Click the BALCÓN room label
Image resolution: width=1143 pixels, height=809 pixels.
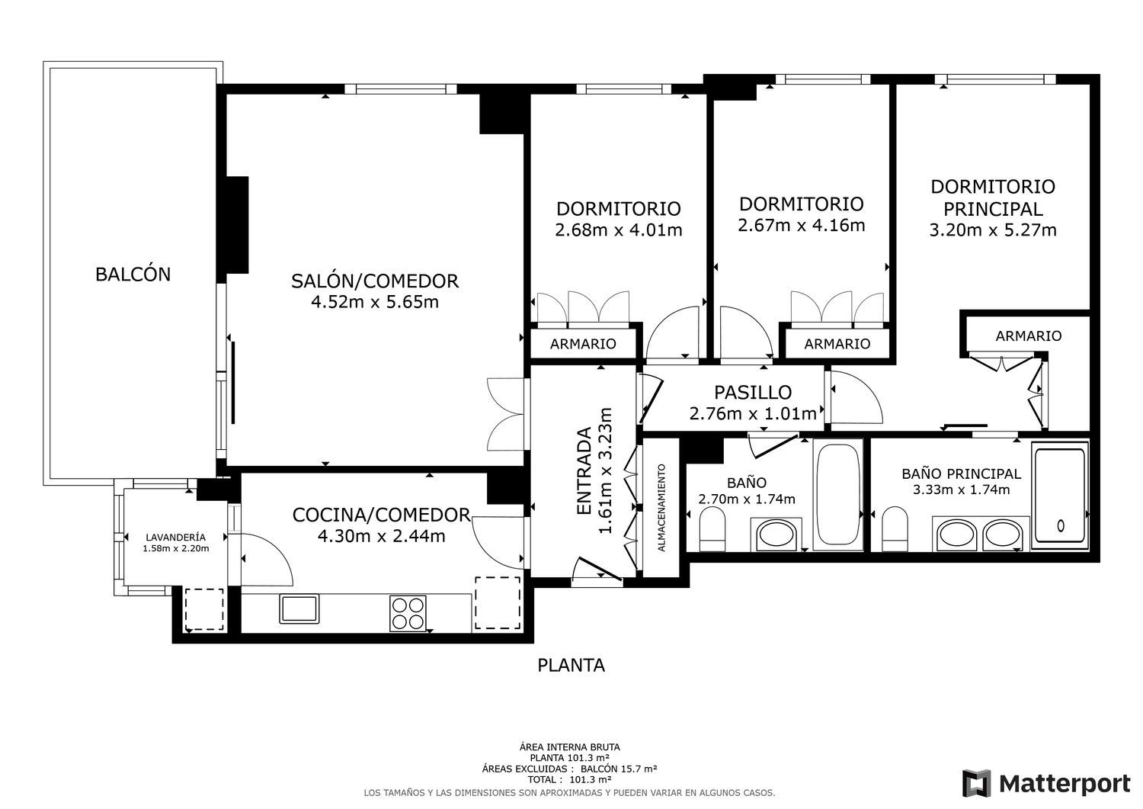(133, 274)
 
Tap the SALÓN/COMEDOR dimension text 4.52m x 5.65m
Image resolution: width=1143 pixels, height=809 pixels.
(375, 302)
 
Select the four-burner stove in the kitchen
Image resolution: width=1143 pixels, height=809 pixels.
(408, 613)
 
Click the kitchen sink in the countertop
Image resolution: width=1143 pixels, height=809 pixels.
(299, 608)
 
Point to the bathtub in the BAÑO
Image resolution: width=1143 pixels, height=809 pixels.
(837, 494)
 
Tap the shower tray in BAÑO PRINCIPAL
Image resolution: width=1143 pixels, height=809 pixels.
(1060, 496)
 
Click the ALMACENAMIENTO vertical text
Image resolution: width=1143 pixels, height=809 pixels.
(662, 508)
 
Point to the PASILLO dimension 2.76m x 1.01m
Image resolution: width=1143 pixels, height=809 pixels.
(753, 413)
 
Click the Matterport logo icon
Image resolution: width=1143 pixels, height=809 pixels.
(977, 783)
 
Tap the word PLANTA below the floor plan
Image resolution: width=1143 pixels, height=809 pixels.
(571, 665)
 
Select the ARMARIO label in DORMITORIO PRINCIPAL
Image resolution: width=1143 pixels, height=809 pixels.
(1028, 335)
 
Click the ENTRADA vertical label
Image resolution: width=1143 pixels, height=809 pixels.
(584, 471)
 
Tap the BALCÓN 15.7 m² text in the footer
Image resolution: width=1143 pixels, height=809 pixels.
(619, 769)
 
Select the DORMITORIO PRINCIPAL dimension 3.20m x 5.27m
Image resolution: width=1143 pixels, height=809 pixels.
(992, 230)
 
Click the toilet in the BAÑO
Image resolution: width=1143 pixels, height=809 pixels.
(712, 531)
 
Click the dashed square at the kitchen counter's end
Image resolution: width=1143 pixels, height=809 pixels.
(498, 603)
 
